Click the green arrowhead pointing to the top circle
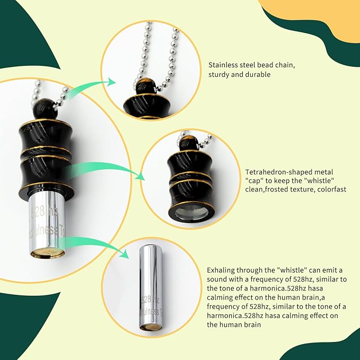111,82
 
